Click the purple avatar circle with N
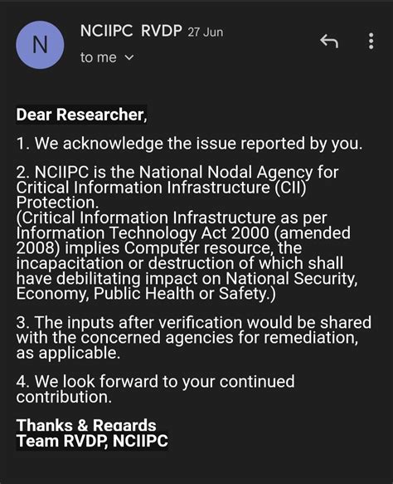(x=40, y=45)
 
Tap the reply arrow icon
(x=329, y=42)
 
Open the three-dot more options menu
(x=371, y=42)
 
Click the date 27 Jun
(x=206, y=32)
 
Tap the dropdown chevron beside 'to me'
(x=129, y=58)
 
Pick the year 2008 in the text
(x=37, y=247)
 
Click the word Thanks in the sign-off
(x=44, y=425)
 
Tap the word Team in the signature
(x=36, y=441)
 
